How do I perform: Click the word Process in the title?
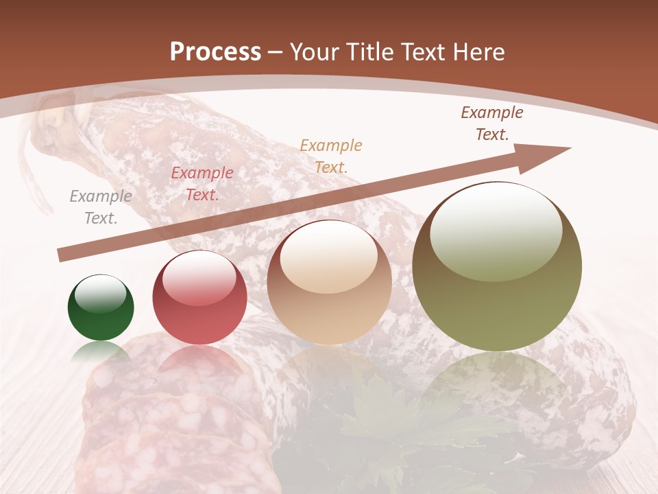pyautogui.click(x=215, y=52)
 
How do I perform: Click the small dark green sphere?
pyautogui.click(x=101, y=309)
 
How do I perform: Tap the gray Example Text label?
pyautogui.click(x=101, y=207)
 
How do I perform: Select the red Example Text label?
pyautogui.click(x=202, y=184)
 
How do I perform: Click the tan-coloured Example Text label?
pyautogui.click(x=331, y=156)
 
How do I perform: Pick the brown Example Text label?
pyautogui.click(x=492, y=123)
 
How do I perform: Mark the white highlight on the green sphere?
pyautogui.click(x=101, y=294)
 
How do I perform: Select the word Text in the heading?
pyautogui.click(x=424, y=52)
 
